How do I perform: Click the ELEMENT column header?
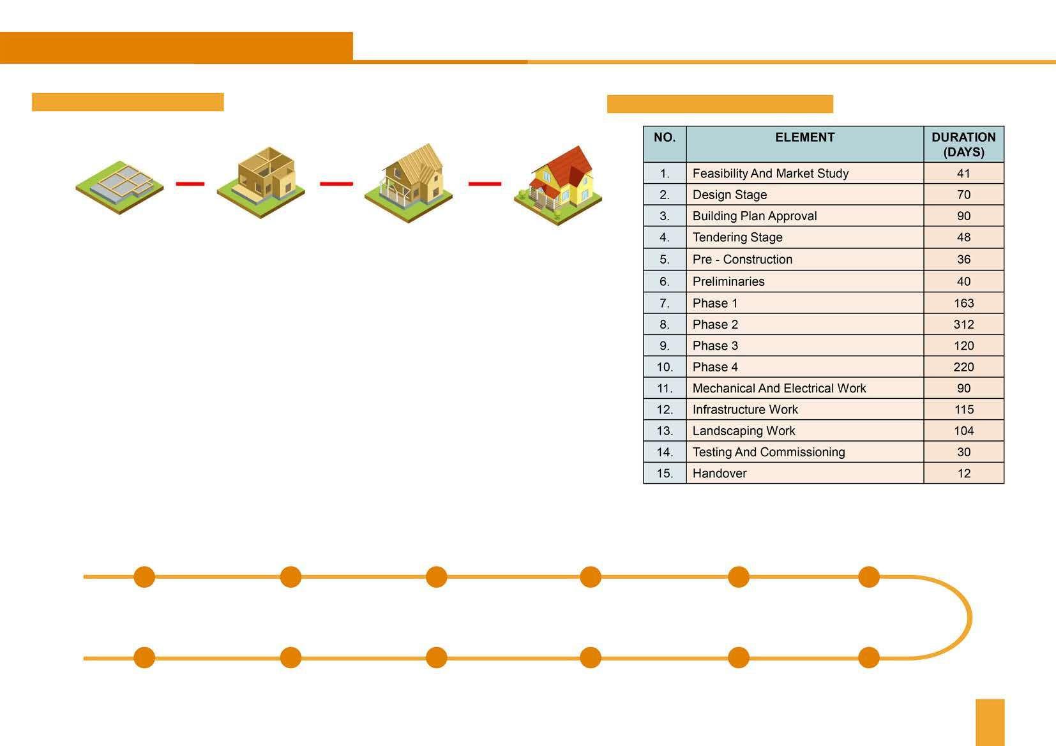pos(804,138)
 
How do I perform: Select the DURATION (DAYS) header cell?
pos(963,144)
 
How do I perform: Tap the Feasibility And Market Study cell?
pos(770,174)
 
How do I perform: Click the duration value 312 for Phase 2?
pos(963,324)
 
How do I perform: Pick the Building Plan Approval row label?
pos(754,216)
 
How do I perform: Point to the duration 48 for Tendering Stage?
pos(963,237)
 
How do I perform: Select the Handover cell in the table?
pos(720,474)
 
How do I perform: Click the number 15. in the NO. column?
pos(665,474)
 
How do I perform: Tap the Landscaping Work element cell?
pos(744,431)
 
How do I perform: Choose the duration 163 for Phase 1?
pos(963,303)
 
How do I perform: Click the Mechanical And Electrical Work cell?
pos(779,388)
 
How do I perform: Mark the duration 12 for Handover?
pos(963,474)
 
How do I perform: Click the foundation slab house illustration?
pos(119,186)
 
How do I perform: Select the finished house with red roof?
pos(559,185)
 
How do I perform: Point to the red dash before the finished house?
pos(485,184)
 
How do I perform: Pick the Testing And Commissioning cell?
pos(768,452)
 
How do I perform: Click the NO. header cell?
pos(665,138)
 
